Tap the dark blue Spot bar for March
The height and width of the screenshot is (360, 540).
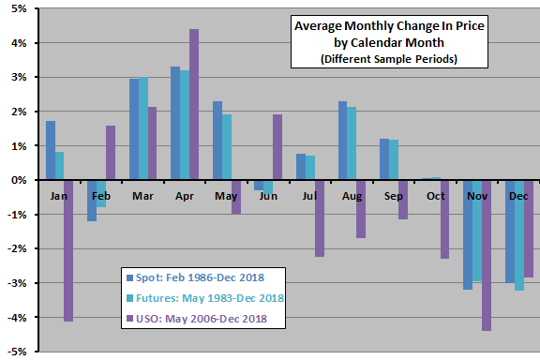134,129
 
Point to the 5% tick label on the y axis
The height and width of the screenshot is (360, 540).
19,8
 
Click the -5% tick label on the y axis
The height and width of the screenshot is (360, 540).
17,352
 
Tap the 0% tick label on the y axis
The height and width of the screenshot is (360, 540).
19,180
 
